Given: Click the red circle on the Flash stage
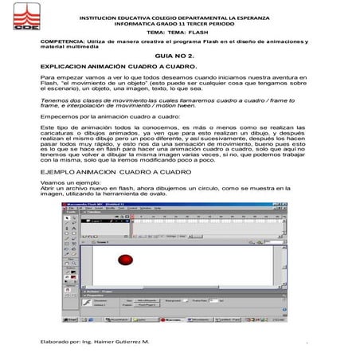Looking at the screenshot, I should pyautogui.click(x=124, y=260).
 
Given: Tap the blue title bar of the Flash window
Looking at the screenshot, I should pyautogui.click(x=159, y=205).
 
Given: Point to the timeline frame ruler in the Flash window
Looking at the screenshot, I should pyautogui.click(x=199, y=218).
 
